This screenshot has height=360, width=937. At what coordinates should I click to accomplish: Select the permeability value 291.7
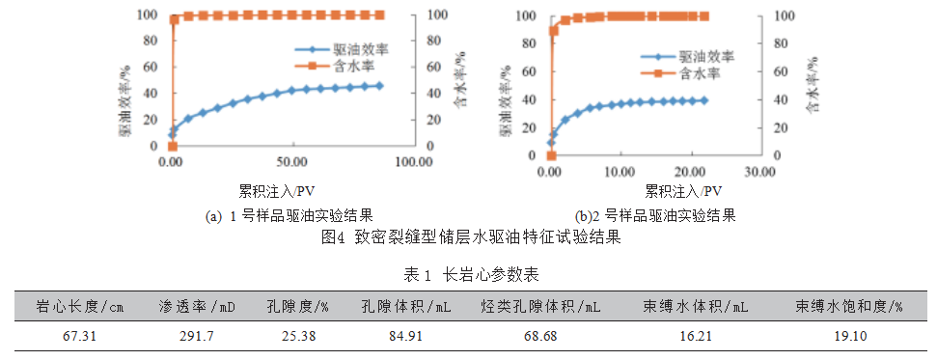(x=197, y=337)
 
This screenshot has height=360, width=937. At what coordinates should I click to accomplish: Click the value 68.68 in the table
(x=540, y=337)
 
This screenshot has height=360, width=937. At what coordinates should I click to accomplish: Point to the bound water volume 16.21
(x=696, y=337)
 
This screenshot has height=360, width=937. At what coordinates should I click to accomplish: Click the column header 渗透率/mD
(x=197, y=307)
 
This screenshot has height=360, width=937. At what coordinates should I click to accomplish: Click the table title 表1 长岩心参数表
(x=470, y=275)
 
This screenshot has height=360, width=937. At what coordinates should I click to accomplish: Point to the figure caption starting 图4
(x=469, y=235)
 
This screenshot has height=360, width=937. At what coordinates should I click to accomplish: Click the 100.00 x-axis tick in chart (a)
(x=412, y=161)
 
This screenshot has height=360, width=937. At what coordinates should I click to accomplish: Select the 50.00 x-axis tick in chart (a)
(x=291, y=161)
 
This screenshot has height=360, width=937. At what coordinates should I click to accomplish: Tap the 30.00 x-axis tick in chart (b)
(x=759, y=171)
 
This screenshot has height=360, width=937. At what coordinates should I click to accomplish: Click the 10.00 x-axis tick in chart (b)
(x=620, y=171)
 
